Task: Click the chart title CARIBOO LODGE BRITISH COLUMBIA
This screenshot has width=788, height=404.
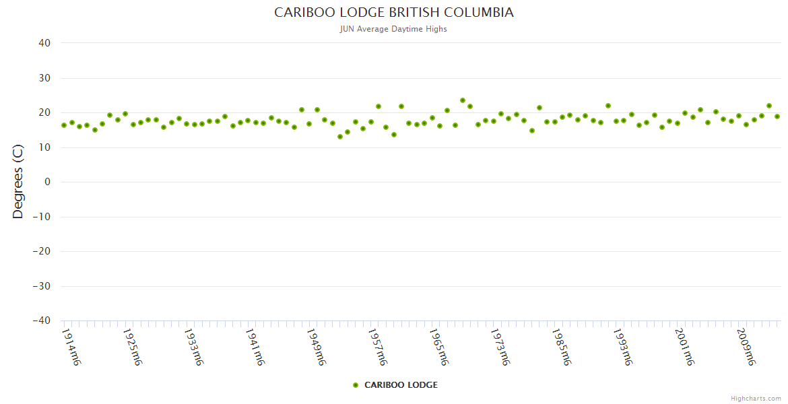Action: [x=394, y=13]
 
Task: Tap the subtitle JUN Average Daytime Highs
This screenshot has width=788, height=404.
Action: [x=394, y=29]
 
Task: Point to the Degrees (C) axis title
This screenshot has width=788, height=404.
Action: [x=18, y=182]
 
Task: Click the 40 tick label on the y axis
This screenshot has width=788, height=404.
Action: [x=44, y=43]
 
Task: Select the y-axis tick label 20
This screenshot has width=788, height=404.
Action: [x=44, y=112]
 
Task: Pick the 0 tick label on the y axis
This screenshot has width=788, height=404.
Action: [x=47, y=182]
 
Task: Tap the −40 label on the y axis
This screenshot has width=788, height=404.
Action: [x=41, y=321]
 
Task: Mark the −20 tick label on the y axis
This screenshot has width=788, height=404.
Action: [x=41, y=251]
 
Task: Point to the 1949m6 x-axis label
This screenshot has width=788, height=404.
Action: [x=316, y=347]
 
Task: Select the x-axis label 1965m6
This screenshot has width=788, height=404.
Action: [x=438, y=347]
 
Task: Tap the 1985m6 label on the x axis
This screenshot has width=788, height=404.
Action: [x=561, y=347]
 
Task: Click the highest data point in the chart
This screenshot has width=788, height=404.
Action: [x=463, y=100]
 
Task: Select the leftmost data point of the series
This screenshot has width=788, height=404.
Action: [x=64, y=125]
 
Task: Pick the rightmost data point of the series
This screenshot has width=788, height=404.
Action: [x=777, y=116]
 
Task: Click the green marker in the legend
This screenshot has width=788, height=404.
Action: [x=356, y=385]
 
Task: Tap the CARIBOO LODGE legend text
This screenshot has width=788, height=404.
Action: [x=401, y=385]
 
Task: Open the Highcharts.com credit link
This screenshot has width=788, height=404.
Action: [x=756, y=399]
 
